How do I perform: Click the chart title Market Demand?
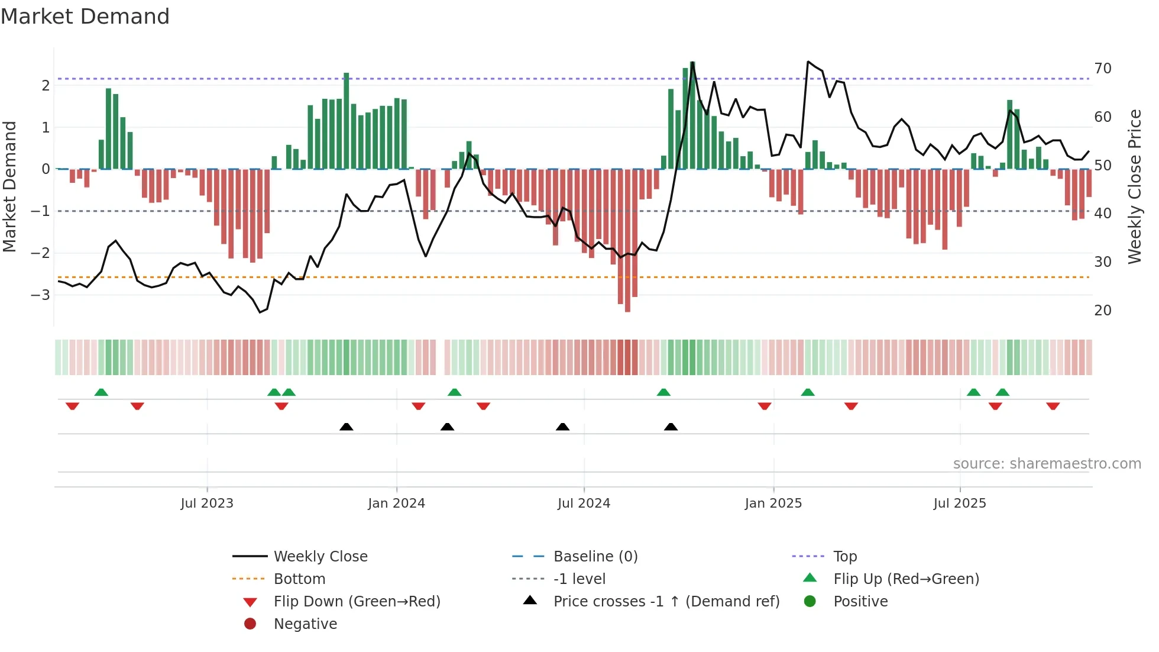[85, 17]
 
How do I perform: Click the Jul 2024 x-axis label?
[584, 503]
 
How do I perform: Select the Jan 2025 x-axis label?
[773, 503]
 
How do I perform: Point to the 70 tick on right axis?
[1103, 69]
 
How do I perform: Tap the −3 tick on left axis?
[40, 295]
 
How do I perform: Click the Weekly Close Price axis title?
[1134, 186]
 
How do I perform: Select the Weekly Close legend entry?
[320, 557]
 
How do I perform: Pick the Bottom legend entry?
[299, 579]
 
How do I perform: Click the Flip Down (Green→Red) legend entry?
[357, 602]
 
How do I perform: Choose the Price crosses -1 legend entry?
[666, 602]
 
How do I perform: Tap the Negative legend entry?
[305, 624]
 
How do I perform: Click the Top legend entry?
[845, 557]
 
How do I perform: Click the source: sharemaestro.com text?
[1047, 464]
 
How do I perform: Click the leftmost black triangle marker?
[347, 427]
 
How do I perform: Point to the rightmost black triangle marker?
[671, 427]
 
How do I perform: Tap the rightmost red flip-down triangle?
[1053, 406]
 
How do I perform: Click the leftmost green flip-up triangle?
[101, 392]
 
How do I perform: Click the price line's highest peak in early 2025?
[808, 62]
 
